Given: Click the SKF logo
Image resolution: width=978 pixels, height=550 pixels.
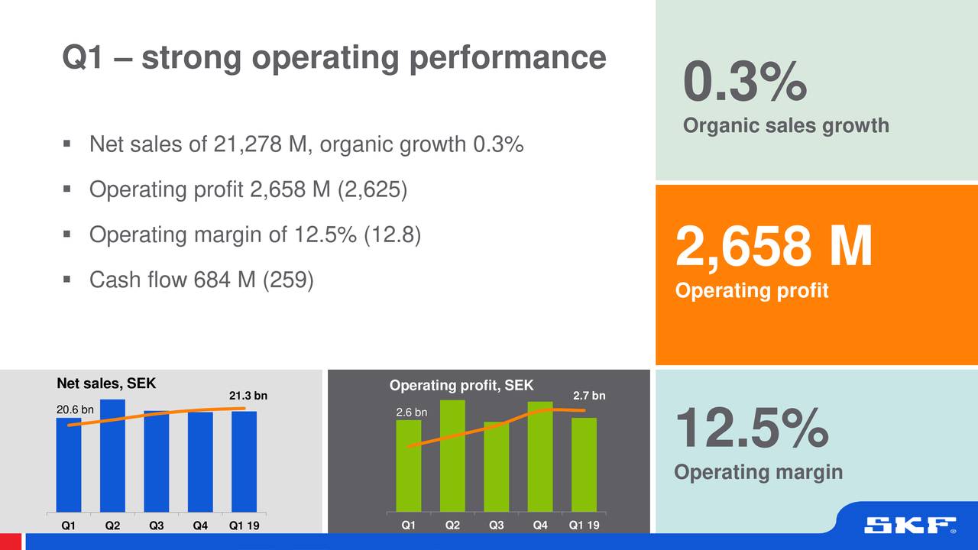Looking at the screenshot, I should [x=909, y=526].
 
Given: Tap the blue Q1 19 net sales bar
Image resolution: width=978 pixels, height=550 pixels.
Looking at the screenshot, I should [x=244, y=461].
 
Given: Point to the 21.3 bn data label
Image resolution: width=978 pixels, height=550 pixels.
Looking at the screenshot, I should [x=248, y=396].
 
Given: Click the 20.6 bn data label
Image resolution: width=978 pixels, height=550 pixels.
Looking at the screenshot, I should [x=75, y=410].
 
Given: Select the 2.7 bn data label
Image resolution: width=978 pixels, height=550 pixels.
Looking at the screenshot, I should [x=589, y=396].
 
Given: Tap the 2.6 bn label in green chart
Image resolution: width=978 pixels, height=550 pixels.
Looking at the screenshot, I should [x=411, y=412].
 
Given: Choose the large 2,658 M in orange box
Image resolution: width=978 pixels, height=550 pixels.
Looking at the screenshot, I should [x=773, y=247].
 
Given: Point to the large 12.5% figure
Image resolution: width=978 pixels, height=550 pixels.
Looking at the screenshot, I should [x=751, y=429].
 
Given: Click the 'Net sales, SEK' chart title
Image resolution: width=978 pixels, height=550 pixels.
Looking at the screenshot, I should [x=106, y=383].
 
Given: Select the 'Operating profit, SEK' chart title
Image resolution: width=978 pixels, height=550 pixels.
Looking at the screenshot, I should [x=461, y=385].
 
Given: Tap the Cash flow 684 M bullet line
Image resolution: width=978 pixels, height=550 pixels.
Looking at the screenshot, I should [x=201, y=280].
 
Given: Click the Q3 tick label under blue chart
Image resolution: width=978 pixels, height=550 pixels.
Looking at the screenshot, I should [x=156, y=526].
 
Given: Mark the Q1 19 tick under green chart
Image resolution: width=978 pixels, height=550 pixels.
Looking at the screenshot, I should [x=584, y=526].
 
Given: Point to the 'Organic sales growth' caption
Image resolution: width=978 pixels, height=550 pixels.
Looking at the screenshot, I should [x=785, y=125].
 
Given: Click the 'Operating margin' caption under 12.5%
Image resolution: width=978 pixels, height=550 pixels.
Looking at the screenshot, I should [x=758, y=472].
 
